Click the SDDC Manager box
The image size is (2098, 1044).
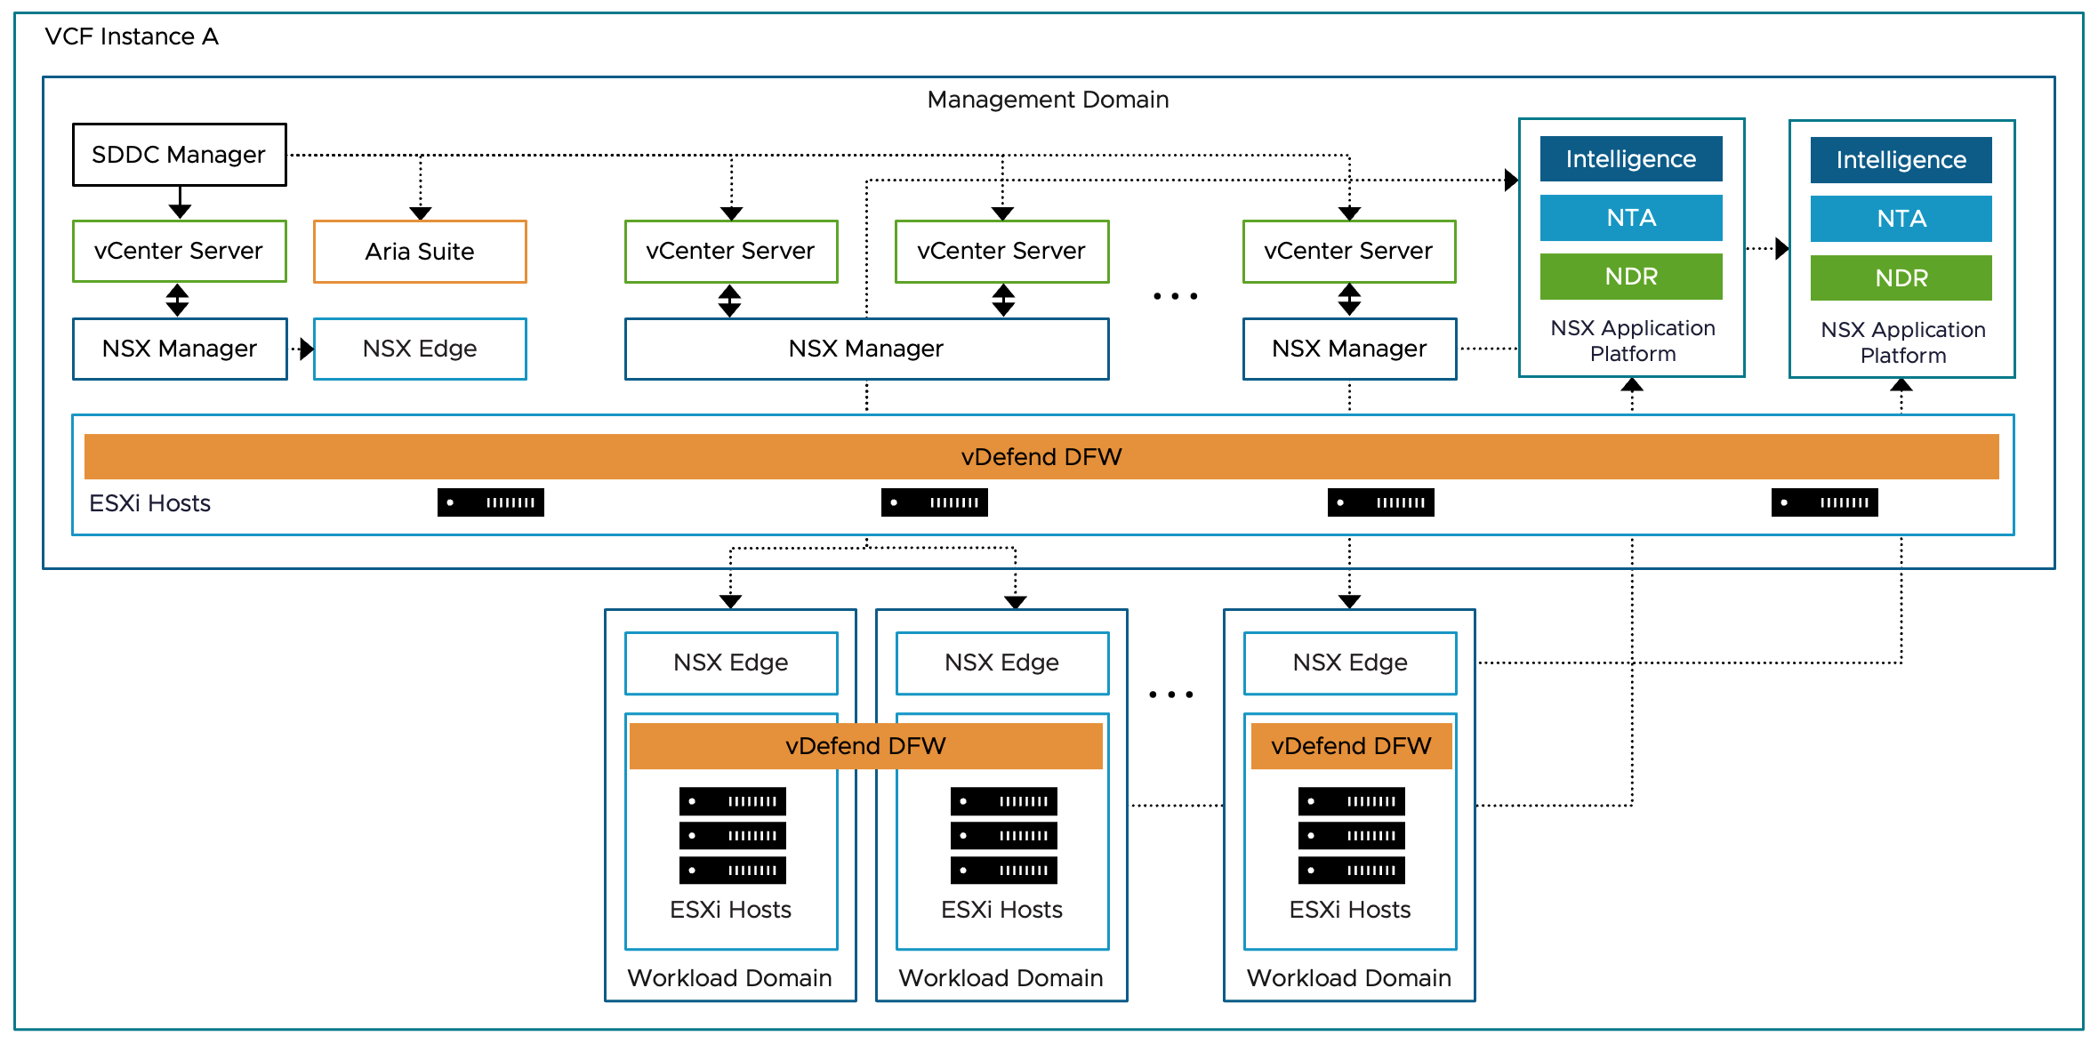(179, 155)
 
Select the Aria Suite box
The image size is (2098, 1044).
(420, 252)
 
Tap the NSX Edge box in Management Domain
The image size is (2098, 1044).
(420, 349)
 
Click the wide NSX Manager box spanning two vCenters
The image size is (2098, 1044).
(866, 349)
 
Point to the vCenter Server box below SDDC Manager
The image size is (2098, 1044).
(179, 251)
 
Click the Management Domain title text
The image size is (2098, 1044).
(1048, 100)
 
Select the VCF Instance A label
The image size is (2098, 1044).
(132, 36)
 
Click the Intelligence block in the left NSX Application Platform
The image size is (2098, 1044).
(1631, 159)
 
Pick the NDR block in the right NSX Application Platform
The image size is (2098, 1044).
(1901, 278)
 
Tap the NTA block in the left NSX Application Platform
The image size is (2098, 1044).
(1631, 218)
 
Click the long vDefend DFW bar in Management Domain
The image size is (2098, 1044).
(1041, 457)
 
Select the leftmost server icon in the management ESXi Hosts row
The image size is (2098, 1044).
(490, 502)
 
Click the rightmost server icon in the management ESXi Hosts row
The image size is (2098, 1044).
(1824, 502)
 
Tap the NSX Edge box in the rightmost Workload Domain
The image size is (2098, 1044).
(1350, 663)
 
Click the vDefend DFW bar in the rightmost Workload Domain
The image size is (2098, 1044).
(1351, 746)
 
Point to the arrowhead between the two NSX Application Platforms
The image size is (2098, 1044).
(1781, 248)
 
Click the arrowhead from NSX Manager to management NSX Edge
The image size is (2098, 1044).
(307, 349)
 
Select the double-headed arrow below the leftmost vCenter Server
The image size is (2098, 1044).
(177, 301)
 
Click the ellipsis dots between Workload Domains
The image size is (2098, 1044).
(1171, 695)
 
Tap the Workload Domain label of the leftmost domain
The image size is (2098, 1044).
(729, 978)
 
